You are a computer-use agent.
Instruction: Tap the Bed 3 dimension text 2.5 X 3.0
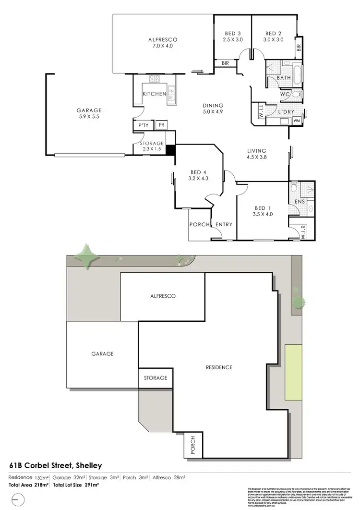(233, 40)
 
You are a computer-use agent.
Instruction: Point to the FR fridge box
(161, 124)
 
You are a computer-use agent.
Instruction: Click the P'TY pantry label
(142, 125)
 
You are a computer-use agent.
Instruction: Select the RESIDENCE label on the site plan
(219, 367)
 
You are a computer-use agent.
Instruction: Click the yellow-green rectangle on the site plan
(294, 372)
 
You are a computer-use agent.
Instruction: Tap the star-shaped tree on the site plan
(87, 255)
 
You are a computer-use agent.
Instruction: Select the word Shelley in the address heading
(87, 465)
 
